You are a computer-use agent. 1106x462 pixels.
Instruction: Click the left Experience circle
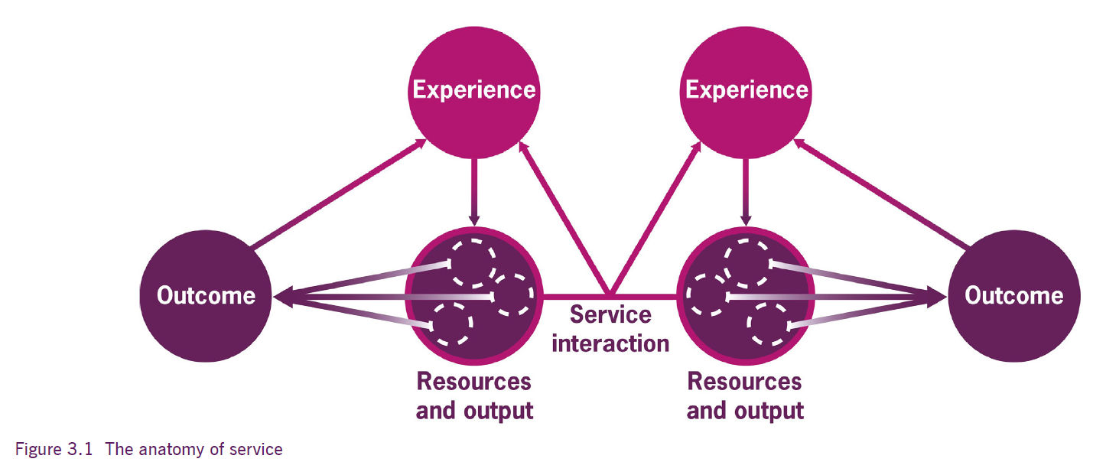pyautogui.click(x=474, y=93)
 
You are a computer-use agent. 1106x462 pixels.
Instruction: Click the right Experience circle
pyautogui.click(x=746, y=93)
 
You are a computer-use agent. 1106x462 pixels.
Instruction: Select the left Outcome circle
pyautogui.click(x=206, y=296)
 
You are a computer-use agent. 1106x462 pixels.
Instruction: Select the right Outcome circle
pyautogui.click(x=1014, y=296)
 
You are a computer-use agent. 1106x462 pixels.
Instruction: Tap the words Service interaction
pyautogui.click(x=610, y=329)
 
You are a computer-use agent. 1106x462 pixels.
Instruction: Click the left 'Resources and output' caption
pyautogui.click(x=474, y=396)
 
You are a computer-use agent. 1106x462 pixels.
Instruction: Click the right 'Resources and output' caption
pyautogui.click(x=745, y=396)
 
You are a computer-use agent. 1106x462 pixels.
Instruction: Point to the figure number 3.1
pyautogui.click(x=80, y=449)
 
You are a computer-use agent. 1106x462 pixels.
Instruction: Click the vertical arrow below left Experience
pyautogui.click(x=474, y=193)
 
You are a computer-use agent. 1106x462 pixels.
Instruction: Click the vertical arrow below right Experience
pyautogui.click(x=746, y=193)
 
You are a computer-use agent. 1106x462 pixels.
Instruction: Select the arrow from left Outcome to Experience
pyautogui.click(x=339, y=193)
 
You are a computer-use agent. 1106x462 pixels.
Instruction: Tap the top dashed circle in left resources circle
pyautogui.click(x=473, y=264)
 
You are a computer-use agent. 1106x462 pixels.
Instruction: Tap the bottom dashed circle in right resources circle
pyautogui.click(x=769, y=324)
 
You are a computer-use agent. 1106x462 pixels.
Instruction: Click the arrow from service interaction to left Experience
pyautogui.click(x=564, y=218)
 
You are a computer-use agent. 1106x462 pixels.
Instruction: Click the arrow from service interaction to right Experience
pyautogui.click(x=655, y=218)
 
